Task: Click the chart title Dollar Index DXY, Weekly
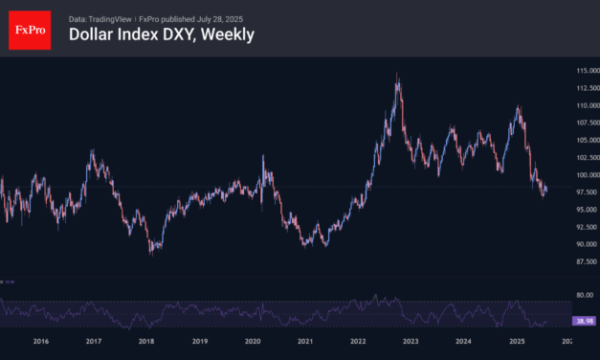(x=162, y=34)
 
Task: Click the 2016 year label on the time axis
(x=40, y=341)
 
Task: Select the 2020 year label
(x=253, y=341)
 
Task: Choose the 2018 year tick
(x=146, y=341)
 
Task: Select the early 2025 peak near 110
(x=518, y=107)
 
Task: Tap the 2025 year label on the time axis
(x=517, y=341)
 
